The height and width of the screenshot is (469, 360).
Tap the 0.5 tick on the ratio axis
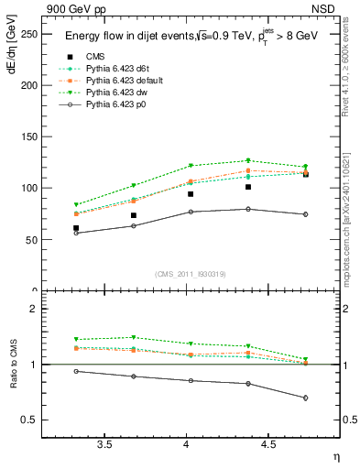point(30,420)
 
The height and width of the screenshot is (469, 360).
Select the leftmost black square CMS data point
point(76,228)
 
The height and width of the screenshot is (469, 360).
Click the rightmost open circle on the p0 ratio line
point(305,398)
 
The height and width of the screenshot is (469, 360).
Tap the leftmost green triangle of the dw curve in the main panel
point(76,205)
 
